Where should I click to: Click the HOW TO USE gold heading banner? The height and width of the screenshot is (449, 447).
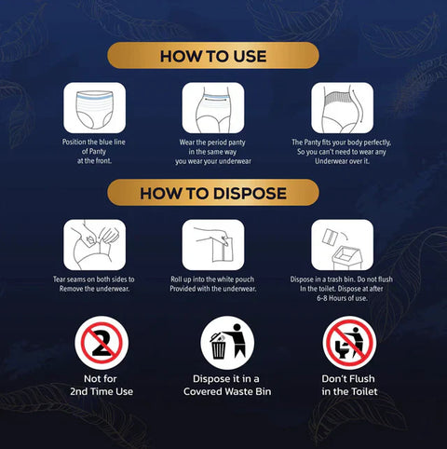pyautogui.click(x=213, y=56)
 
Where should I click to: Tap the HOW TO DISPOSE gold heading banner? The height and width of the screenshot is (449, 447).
pyautogui.click(x=213, y=193)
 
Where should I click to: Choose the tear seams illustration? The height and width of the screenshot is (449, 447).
pyautogui.click(x=95, y=245)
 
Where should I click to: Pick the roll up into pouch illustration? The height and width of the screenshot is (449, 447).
pyautogui.click(x=213, y=245)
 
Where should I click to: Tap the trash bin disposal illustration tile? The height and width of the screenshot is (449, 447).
pyautogui.click(x=342, y=245)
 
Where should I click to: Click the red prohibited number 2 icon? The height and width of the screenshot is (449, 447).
pyautogui.click(x=95, y=344)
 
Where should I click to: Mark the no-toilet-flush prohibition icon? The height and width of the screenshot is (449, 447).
pyautogui.click(x=349, y=344)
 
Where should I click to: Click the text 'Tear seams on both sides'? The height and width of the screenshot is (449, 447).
pyautogui.click(x=95, y=279)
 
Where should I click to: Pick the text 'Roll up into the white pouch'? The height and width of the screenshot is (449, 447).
pyautogui.click(x=213, y=279)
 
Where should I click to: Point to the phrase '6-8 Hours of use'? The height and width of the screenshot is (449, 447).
pyautogui.click(x=342, y=297)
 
